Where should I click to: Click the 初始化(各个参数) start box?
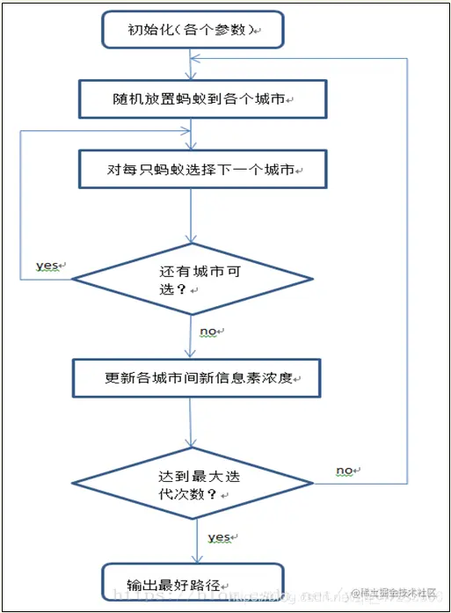click(x=192, y=30)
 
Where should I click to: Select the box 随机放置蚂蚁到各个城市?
click(x=192, y=99)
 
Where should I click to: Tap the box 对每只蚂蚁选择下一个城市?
click(x=192, y=169)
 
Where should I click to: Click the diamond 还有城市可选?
click(x=192, y=280)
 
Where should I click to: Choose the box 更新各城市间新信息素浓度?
click(x=196, y=378)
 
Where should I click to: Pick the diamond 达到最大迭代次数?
click(x=192, y=483)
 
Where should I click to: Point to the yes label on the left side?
click(x=47, y=265)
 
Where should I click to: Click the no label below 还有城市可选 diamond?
click(x=210, y=332)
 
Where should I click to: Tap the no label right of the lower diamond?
click(x=346, y=471)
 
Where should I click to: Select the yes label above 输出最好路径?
click(x=219, y=536)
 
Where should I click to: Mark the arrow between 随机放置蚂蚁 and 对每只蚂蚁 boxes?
click(x=191, y=134)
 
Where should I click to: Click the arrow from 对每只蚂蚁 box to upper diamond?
click(x=191, y=215)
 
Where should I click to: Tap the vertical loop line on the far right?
click(x=408, y=264)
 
